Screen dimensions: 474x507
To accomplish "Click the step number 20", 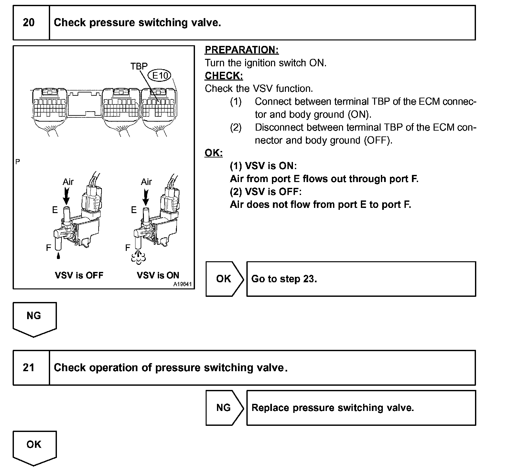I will [29, 23].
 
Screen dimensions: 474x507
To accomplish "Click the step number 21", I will [29, 368].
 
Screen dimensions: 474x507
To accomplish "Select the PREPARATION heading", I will [242, 50].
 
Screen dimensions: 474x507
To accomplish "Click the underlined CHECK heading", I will [224, 76].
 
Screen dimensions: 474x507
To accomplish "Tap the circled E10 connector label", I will [160, 76].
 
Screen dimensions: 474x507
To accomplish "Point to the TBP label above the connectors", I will [139, 66].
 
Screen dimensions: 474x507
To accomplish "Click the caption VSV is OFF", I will [79, 275].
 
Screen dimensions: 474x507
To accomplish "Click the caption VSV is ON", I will [158, 275].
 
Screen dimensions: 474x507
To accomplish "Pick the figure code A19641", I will [182, 285].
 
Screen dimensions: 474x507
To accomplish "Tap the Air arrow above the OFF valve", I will [66, 196].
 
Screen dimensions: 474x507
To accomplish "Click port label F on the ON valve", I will [128, 248].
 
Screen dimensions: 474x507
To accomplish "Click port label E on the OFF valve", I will [55, 210].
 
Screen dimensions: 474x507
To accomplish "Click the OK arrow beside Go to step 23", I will [224, 279].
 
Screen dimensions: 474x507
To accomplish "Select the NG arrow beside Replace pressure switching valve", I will [224, 408].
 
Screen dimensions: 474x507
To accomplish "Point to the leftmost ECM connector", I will [49, 107].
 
